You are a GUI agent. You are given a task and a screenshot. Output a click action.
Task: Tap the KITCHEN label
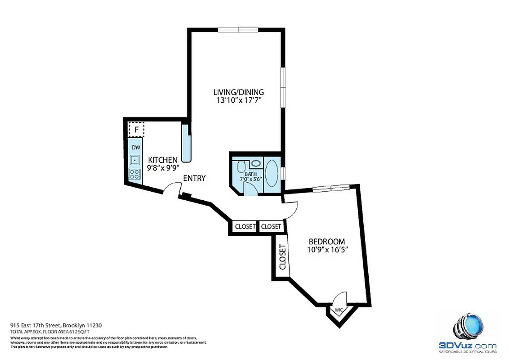[x=163, y=160]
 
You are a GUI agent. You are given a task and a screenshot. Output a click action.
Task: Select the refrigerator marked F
[x=136, y=130]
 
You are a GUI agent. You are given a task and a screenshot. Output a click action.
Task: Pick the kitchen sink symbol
[x=135, y=160]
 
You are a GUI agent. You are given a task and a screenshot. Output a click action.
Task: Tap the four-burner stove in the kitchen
[x=134, y=175]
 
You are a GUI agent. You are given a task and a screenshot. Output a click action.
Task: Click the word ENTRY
[x=194, y=178]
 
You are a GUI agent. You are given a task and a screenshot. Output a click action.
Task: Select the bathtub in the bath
[x=272, y=174]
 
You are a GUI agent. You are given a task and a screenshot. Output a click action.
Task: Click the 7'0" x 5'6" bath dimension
[x=251, y=179]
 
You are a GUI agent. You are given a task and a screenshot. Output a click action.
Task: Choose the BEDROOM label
[x=326, y=241]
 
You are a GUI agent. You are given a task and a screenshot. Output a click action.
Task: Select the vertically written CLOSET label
[x=282, y=257]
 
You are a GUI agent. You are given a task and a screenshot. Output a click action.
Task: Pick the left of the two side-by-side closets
[x=245, y=227]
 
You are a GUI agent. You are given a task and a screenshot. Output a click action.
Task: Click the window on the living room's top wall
[x=238, y=30]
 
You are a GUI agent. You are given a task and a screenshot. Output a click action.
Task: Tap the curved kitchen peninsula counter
[x=186, y=144]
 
